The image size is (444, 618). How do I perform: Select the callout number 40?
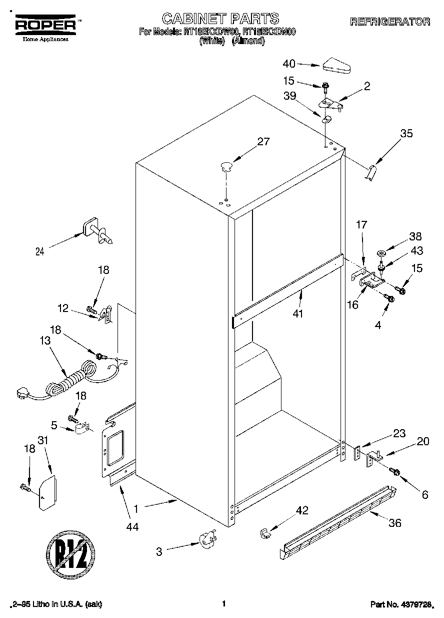(x=289, y=64)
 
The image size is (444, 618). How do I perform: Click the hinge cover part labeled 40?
(x=337, y=65)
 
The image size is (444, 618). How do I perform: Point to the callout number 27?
(x=263, y=142)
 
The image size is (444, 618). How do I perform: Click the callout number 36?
(x=395, y=523)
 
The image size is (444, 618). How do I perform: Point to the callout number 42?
(x=301, y=510)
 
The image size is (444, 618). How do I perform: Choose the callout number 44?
(x=132, y=526)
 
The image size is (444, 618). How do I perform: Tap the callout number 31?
(x=43, y=440)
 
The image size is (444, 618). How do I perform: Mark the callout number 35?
(x=406, y=134)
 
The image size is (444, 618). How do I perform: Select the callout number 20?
(x=423, y=441)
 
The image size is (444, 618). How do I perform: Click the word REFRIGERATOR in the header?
(x=390, y=22)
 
